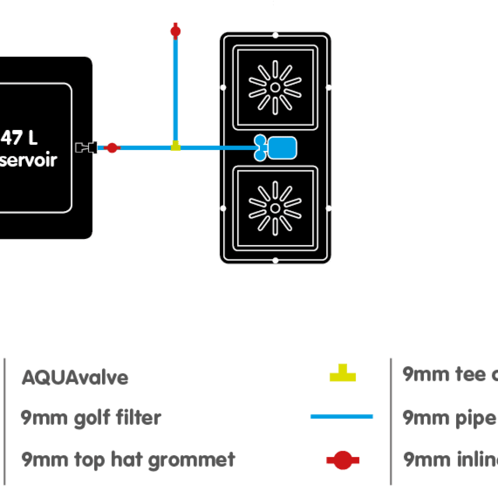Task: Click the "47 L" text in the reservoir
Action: [20, 138]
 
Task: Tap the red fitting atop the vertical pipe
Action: [175, 30]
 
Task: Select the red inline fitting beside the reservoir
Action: [112, 148]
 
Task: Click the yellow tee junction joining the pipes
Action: [175, 146]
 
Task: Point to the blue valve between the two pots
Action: [276, 148]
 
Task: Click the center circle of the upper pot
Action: [275, 88]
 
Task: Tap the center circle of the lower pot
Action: [275, 208]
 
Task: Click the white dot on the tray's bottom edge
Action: [275, 260]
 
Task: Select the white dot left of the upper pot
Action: [223, 88]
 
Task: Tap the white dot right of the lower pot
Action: [329, 208]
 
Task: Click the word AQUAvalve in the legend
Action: [75, 377]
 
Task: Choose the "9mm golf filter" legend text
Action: [91, 418]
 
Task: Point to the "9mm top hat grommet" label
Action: [128, 459]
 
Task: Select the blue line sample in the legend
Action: [342, 416]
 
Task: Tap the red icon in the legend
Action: [342, 460]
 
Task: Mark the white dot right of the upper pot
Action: [329, 88]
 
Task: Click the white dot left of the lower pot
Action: [223, 208]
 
